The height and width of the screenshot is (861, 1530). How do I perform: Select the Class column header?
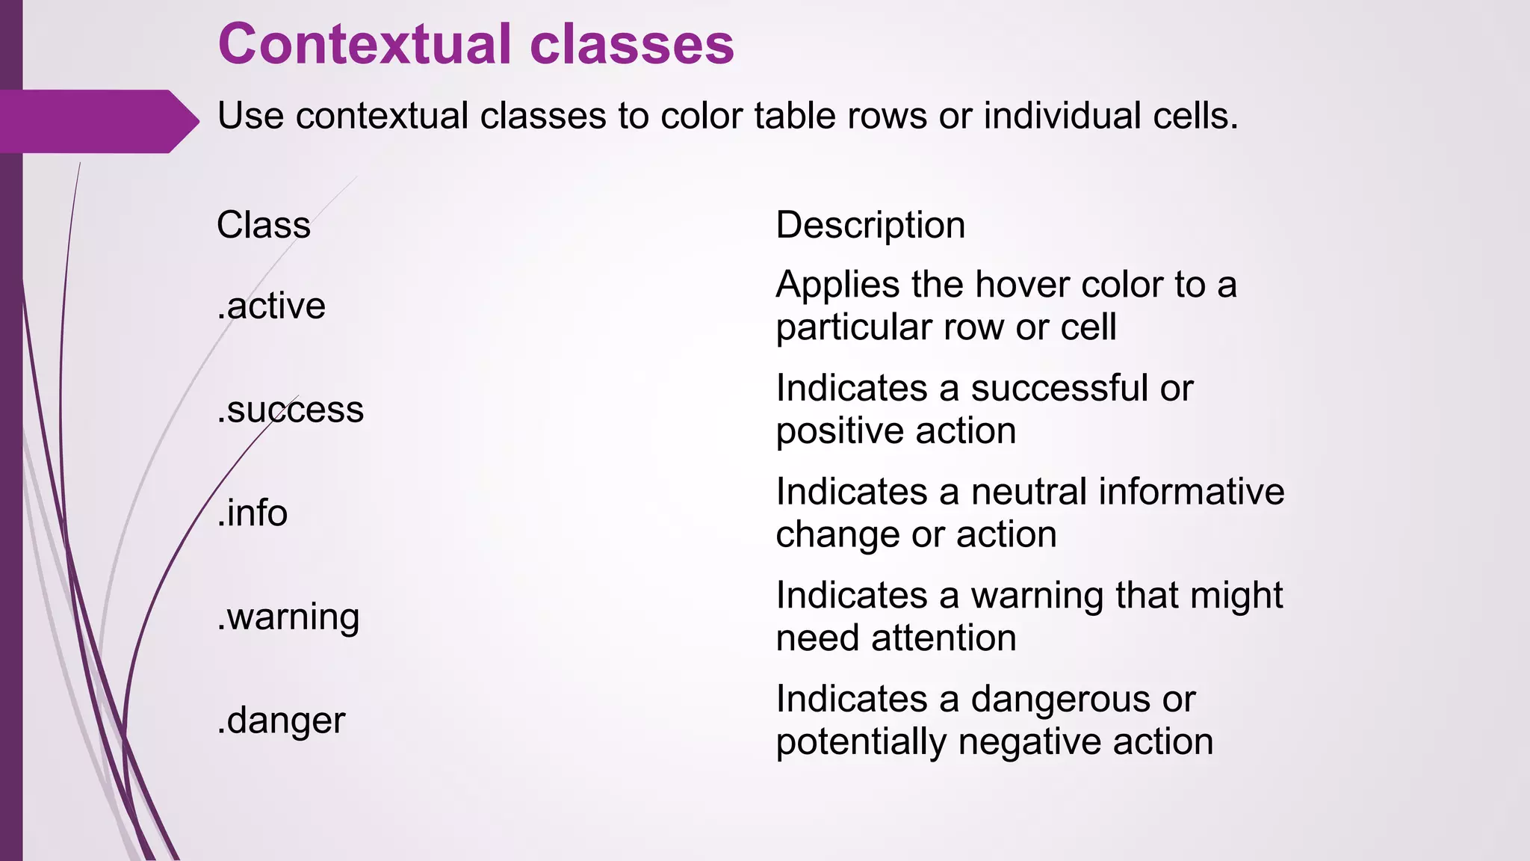pos(264,225)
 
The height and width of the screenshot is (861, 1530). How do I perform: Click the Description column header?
pos(870,225)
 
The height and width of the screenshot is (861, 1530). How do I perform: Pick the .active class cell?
pos(271,306)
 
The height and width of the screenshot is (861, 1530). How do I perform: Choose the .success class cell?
pos(291,410)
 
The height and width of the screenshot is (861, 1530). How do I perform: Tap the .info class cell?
pos(253,513)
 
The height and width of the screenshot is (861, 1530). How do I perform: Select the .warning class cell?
pos(288,617)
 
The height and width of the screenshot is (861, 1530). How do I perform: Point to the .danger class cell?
pos(282,721)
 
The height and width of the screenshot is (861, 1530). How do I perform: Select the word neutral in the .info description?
pos(1029,493)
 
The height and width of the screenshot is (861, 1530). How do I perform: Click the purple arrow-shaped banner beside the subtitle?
pos(97,121)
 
